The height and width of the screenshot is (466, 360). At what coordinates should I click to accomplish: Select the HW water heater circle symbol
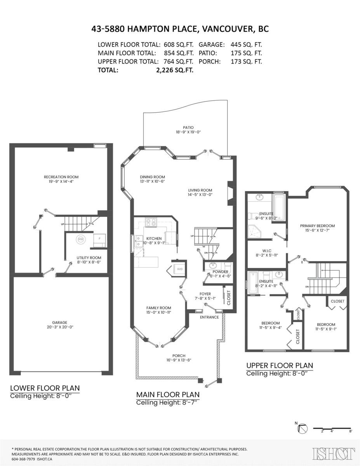pos(81,240)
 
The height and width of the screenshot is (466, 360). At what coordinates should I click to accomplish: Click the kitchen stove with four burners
pos(150,223)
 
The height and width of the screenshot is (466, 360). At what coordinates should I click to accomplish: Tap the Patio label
pos(188,127)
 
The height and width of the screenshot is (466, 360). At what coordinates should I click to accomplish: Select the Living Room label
pos(200,190)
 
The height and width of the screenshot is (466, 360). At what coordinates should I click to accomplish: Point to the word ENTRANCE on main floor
pos(209,317)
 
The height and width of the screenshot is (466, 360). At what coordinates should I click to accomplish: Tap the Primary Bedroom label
pos(317,226)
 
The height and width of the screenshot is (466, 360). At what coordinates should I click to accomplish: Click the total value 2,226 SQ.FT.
pos(174,70)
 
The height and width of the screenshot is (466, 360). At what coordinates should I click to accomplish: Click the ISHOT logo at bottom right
pos(334,453)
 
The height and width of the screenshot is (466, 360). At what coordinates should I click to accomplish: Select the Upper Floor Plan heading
pos(280,365)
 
